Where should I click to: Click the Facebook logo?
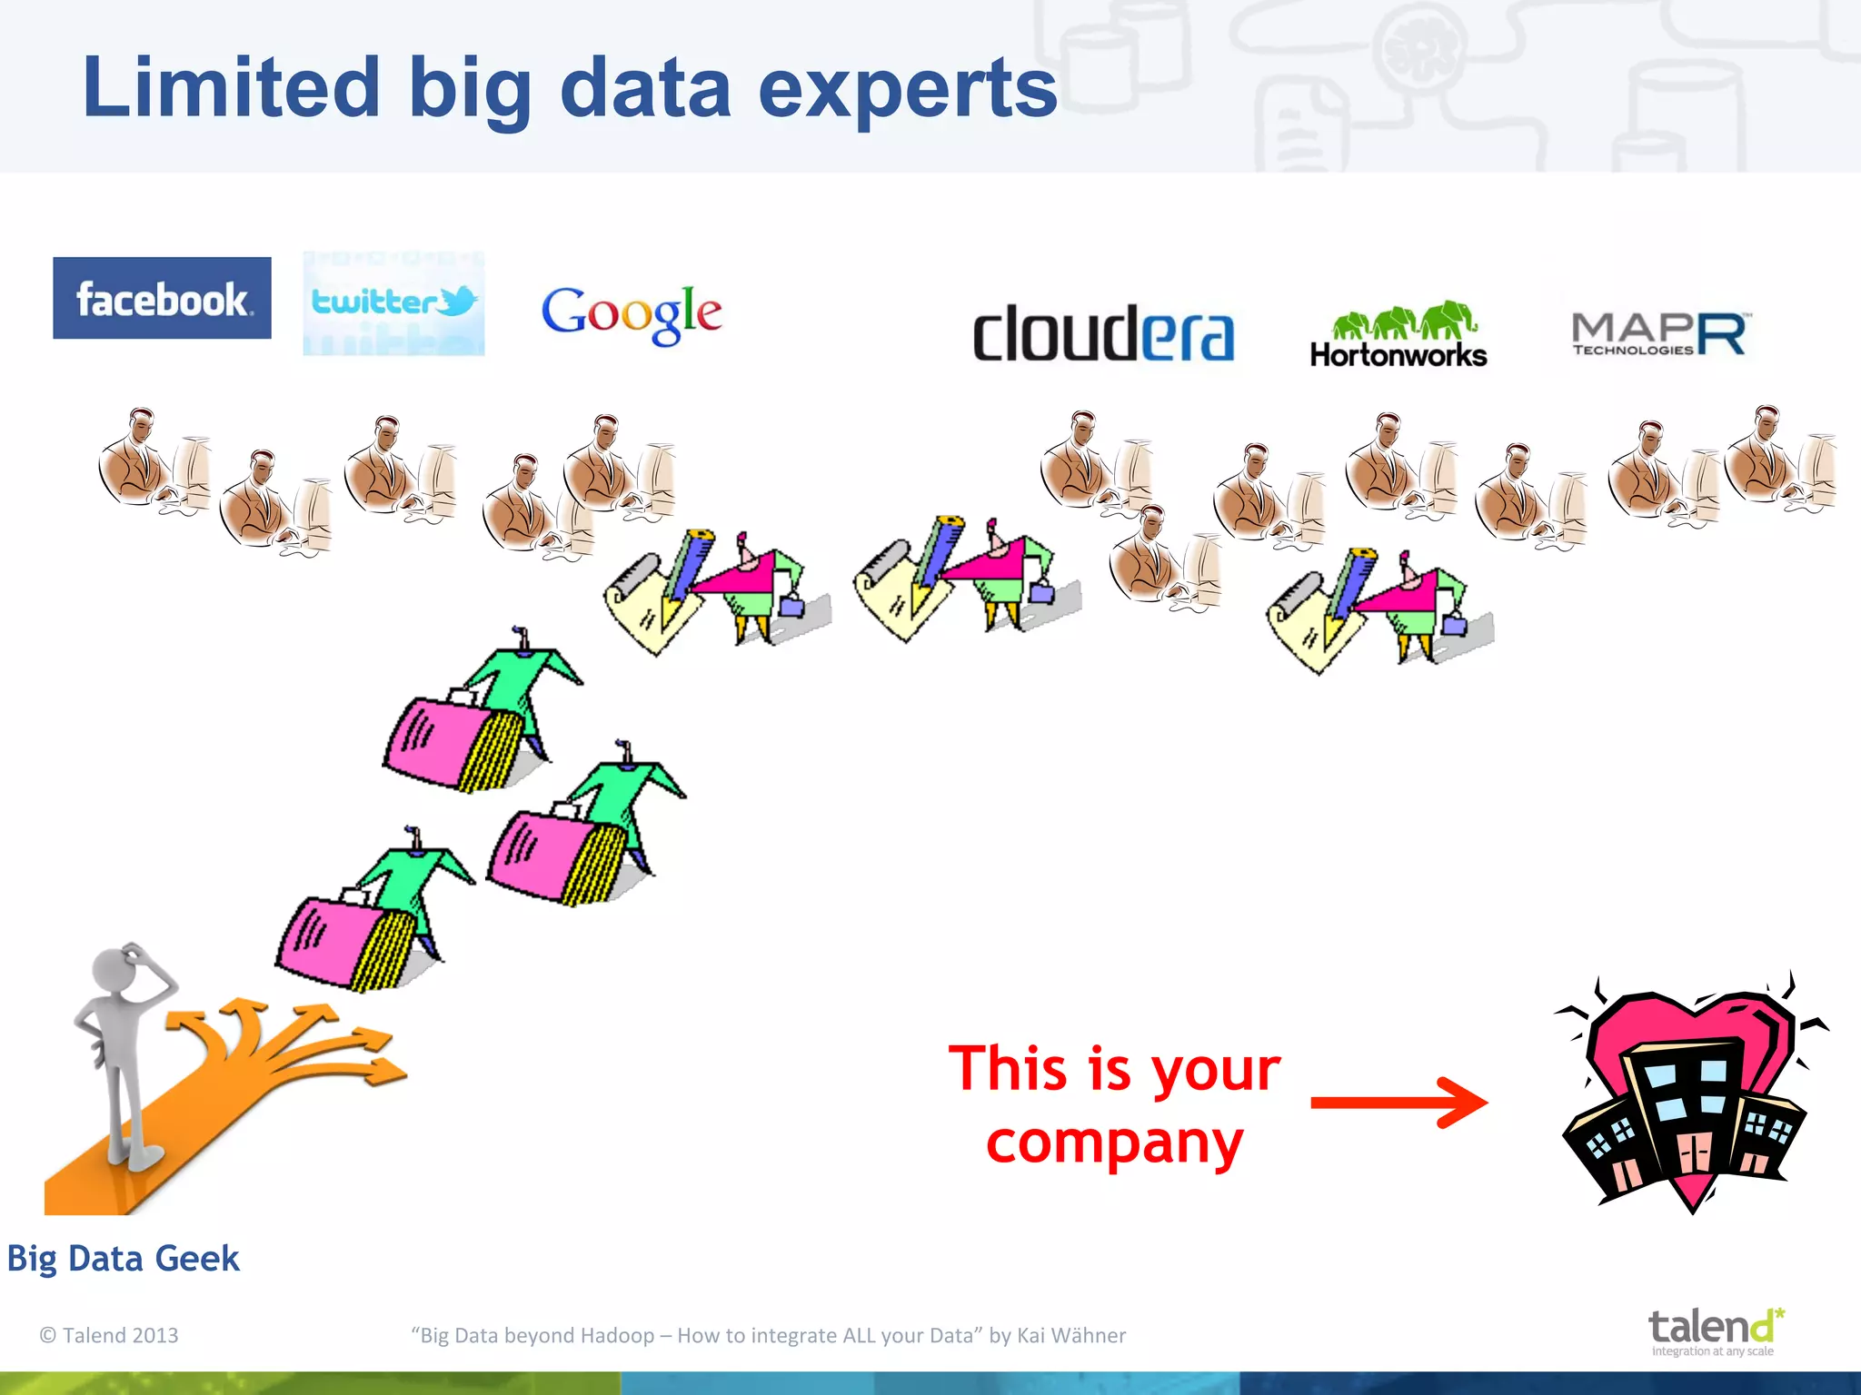click(x=162, y=298)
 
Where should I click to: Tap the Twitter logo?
click(x=393, y=302)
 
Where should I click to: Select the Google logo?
click(x=632, y=313)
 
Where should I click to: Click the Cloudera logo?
click(x=1103, y=334)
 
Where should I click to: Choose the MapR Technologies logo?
click(x=1659, y=334)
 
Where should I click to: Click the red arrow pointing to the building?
click(x=1399, y=1103)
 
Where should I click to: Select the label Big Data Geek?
click(x=123, y=1259)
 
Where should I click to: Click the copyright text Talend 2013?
click(x=109, y=1335)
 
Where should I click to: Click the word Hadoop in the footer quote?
click(x=617, y=1335)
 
